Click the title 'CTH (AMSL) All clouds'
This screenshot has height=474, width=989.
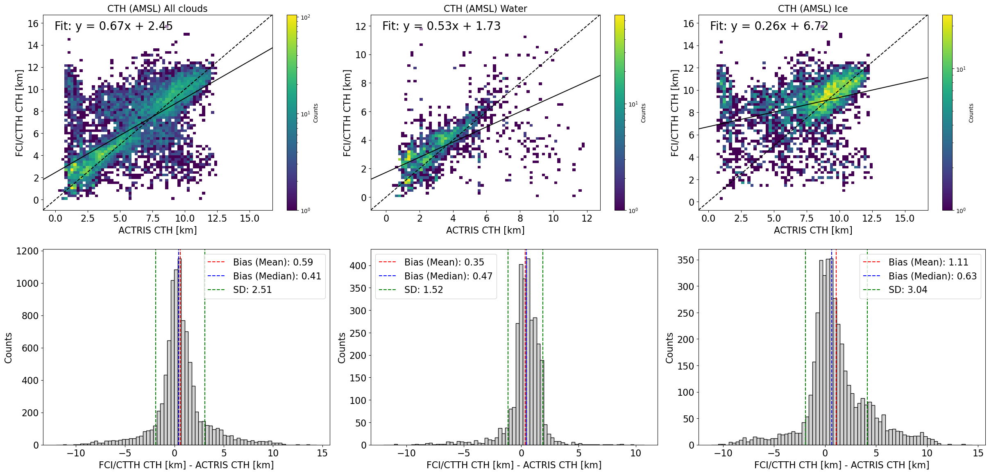coord(157,9)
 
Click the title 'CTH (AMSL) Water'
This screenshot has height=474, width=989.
coord(485,9)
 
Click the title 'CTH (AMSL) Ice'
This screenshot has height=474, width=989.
coord(813,9)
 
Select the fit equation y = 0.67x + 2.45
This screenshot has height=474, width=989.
coord(113,26)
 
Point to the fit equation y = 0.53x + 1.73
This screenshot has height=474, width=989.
coord(441,26)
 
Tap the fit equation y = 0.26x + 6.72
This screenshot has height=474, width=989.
coord(769,26)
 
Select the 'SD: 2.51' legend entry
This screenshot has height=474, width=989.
coord(252,290)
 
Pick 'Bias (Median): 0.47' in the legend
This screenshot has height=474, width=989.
coord(448,276)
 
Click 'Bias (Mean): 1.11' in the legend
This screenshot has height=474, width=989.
coord(928,262)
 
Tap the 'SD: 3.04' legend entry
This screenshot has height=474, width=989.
coord(908,290)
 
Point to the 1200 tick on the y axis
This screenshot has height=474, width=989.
coord(27,251)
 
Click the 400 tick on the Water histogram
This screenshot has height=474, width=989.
coord(358,266)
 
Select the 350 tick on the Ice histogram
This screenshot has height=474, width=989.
coord(685,260)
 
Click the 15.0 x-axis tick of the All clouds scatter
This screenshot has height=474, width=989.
coord(250,218)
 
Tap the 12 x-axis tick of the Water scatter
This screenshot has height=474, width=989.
coord(587,218)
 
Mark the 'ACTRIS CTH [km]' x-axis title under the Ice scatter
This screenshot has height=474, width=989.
coord(813,230)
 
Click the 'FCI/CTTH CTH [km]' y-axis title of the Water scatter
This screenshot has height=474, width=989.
coord(347,113)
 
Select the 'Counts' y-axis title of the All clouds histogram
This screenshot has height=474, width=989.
coord(8,348)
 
